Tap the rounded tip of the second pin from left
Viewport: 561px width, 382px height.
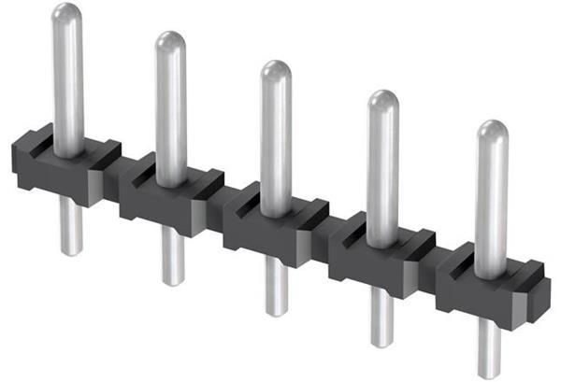(170, 41)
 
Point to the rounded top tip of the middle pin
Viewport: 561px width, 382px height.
(275, 70)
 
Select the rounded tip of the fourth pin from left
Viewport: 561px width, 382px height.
(382, 100)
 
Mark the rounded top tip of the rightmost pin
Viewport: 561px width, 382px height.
(492, 131)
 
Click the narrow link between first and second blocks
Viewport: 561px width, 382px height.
(115, 177)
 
